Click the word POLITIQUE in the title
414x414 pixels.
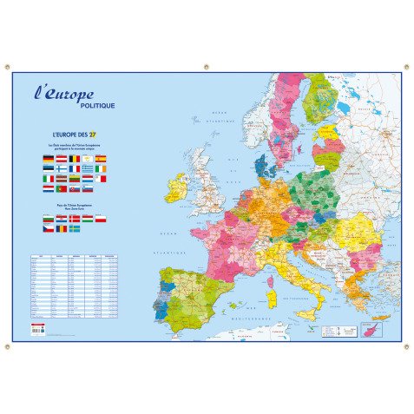coord(96,106)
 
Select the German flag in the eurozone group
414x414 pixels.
coord(48,160)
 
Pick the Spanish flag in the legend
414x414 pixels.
coord(100,160)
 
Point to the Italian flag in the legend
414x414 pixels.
coord(48,179)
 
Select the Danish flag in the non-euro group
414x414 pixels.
coord(74,219)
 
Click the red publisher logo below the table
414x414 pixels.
coord(36,327)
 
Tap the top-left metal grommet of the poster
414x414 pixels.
coord(6,67)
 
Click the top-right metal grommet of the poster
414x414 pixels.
coord(407,67)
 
